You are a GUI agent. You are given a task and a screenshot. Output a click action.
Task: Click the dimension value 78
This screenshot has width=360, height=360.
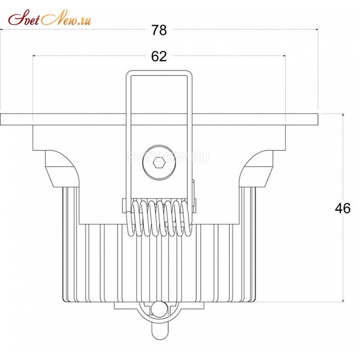[x=159, y=30]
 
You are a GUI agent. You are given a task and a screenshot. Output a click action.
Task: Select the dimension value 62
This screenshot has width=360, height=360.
[x=159, y=56]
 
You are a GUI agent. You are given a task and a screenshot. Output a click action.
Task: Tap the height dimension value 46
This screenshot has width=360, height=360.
[x=343, y=208]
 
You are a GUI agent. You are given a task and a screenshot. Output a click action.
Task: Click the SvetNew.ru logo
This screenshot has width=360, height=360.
[x=49, y=17]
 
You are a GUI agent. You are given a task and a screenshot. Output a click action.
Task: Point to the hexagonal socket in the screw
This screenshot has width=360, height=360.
[x=159, y=163]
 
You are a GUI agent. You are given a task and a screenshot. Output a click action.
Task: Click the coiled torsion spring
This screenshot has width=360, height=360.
[x=159, y=218]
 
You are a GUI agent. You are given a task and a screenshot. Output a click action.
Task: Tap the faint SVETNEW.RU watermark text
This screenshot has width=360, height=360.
[x=168, y=157]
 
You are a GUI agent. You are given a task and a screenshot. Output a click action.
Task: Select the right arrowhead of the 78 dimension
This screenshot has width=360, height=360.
[x=317, y=29]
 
